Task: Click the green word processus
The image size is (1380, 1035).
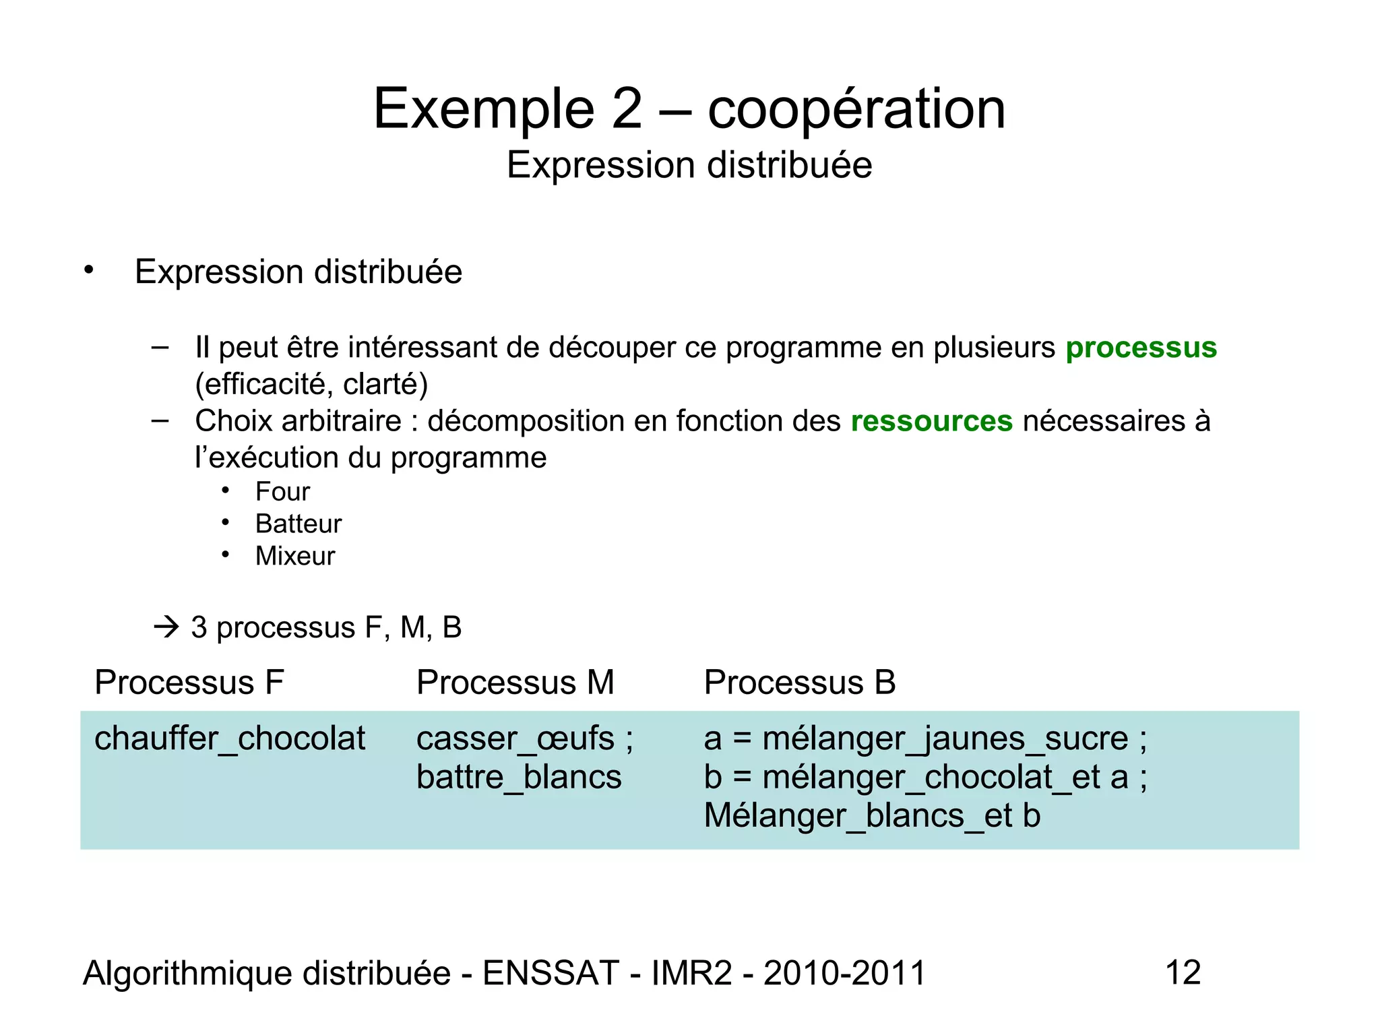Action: pos(1141,348)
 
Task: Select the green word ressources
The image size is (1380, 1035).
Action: pos(931,421)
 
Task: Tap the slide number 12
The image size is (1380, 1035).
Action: pos(1183,972)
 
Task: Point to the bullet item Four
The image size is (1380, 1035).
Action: pos(282,492)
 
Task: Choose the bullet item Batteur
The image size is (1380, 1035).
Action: pos(298,524)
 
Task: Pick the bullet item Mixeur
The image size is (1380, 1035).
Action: pos(294,557)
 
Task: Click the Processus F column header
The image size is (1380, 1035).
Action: pos(189,682)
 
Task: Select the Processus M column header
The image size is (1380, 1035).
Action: pos(515,682)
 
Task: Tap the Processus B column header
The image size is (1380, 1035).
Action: pos(799,682)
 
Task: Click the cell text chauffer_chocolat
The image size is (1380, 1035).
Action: pos(229,739)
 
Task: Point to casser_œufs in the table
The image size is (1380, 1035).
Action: pos(515,739)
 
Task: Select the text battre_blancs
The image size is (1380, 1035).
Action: pos(518,777)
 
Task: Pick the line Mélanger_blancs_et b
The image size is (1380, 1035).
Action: pos(872,816)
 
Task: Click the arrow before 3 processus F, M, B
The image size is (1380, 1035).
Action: pos(166,627)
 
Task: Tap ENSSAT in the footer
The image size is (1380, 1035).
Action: pos(551,973)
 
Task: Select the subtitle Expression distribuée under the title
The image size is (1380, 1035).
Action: pos(689,165)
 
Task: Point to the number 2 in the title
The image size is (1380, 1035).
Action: pos(627,109)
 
